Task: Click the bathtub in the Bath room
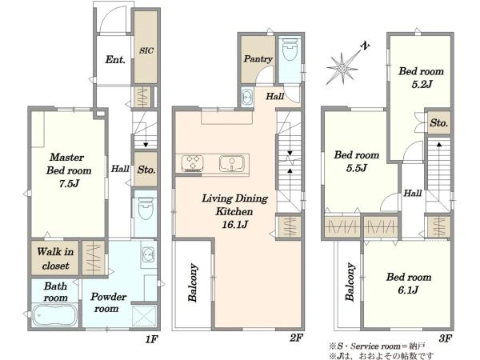(55, 315)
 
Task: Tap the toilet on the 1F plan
(146, 209)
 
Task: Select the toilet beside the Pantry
(290, 49)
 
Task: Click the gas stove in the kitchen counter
(192, 163)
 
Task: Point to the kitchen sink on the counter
(232, 163)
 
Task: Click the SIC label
(146, 50)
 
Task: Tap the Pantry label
(258, 58)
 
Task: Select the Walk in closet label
(55, 258)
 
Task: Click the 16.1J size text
(234, 225)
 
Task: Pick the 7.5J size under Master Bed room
(69, 184)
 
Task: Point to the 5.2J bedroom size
(422, 84)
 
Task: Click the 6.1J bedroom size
(408, 290)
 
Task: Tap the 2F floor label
(296, 338)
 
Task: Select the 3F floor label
(445, 338)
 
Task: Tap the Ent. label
(115, 59)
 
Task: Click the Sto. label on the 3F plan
(439, 123)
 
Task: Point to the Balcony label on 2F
(193, 282)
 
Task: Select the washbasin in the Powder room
(149, 254)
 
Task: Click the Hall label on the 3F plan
(413, 193)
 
